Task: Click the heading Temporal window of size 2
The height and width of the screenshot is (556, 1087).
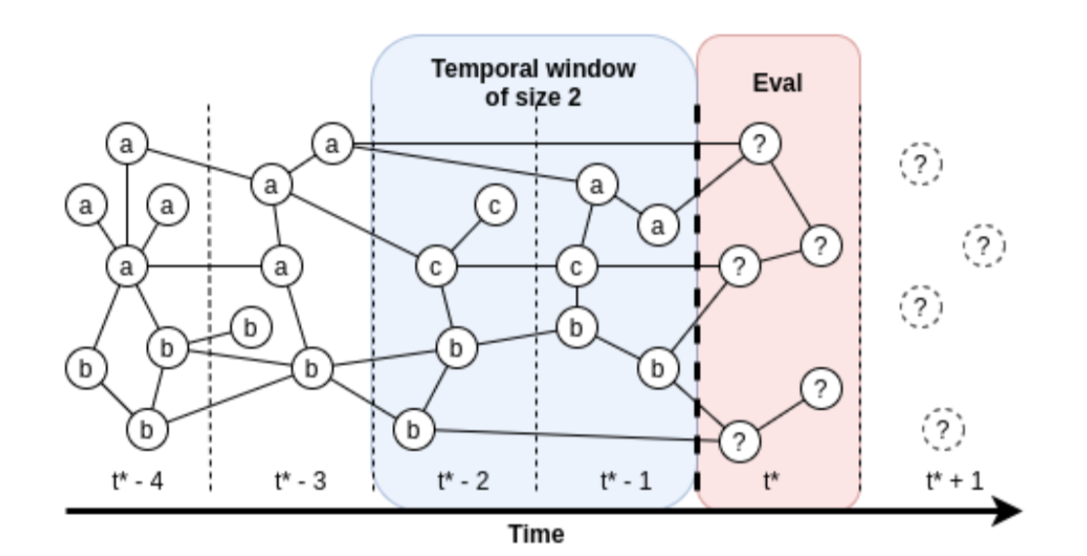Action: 533,85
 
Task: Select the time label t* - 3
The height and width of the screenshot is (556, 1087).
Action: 292,480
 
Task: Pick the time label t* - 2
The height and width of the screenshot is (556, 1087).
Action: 454,480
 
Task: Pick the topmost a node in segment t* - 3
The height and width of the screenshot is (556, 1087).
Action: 333,145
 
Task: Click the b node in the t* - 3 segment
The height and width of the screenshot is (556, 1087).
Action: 312,369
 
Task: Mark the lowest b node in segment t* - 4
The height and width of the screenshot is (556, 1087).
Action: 146,426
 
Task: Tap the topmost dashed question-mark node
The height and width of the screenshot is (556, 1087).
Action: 920,165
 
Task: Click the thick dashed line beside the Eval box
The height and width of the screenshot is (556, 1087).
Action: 698,292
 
